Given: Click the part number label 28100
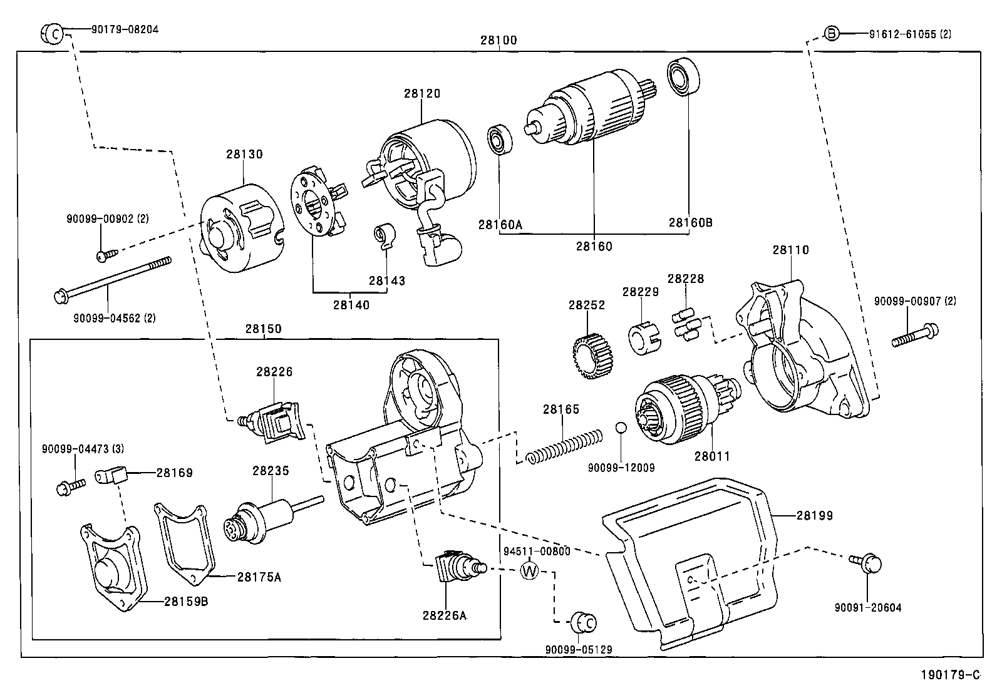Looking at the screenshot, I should (x=498, y=40).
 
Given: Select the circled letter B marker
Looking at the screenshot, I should (x=830, y=33).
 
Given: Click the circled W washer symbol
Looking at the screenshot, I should (x=530, y=570).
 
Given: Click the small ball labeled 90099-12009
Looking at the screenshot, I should (x=619, y=428).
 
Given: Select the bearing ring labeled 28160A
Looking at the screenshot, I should (x=500, y=139).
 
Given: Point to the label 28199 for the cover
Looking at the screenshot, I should (x=814, y=516).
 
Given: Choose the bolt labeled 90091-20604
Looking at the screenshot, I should (x=867, y=563).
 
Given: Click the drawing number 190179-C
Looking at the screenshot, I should (x=949, y=675).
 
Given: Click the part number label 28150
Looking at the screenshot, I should (x=263, y=329).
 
